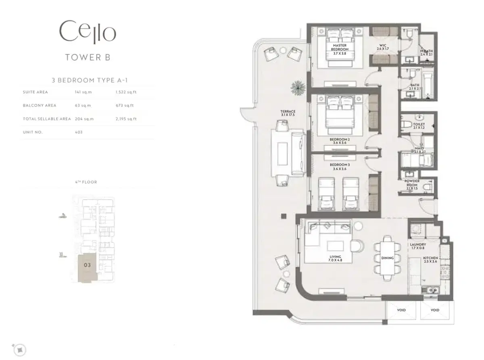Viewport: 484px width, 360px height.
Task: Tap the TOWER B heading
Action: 88,57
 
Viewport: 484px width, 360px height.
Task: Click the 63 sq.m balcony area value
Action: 83,106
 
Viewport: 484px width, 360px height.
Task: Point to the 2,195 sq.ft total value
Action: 126,119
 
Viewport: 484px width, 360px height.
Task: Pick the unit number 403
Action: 79,132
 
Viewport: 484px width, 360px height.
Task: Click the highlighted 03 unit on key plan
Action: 87,265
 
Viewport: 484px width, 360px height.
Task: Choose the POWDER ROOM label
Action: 412,183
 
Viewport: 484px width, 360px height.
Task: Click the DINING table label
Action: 388,258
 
